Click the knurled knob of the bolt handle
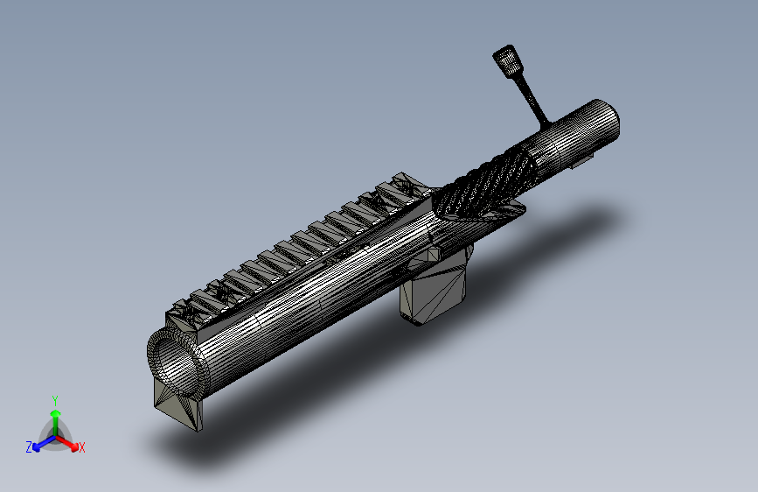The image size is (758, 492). pos(507,60)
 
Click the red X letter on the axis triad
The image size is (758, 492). pos(82,448)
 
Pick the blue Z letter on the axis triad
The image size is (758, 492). pos(29,447)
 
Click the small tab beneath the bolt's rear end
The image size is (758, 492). pos(581,161)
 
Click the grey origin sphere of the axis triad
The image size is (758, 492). pos(54,435)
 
